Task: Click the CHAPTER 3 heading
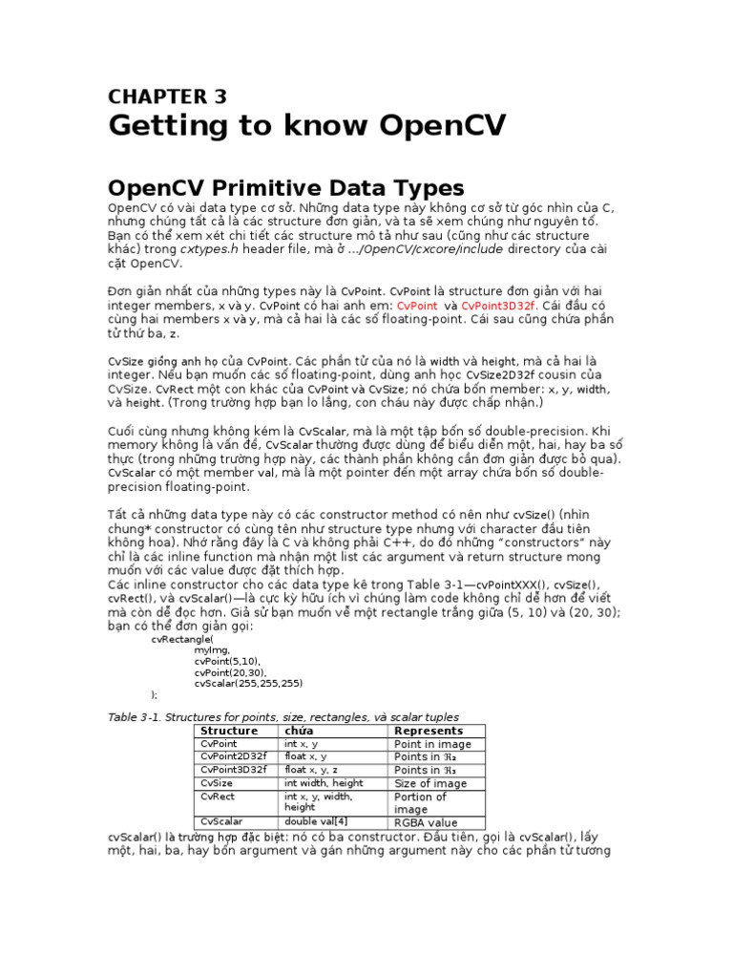tap(167, 96)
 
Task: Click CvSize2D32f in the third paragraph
tap(494, 375)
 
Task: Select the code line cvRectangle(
tap(180, 639)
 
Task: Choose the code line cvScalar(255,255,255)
tap(248, 683)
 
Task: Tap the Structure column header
tap(228, 731)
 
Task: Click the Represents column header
tap(429, 731)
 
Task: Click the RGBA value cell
tap(426, 822)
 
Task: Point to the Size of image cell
tap(430, 783)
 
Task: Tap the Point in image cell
tap(432, 744)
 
